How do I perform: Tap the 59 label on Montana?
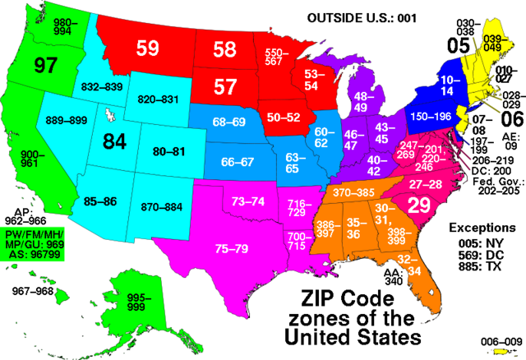148,48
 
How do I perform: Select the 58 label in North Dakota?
224,49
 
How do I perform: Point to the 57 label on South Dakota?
225,85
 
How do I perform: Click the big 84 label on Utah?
113,141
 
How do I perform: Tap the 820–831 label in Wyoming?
159,99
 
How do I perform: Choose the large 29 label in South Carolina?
419,205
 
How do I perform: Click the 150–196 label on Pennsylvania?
430,118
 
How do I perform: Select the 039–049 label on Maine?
492,42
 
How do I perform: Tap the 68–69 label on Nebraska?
228,122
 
